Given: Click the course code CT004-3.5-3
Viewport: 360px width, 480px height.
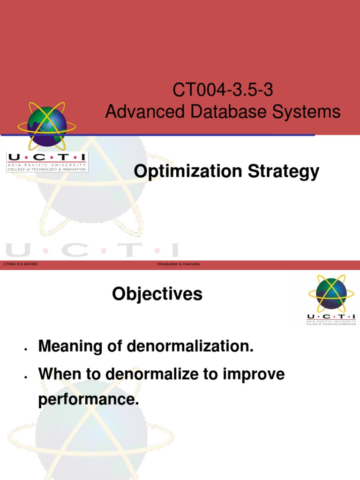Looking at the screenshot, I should [x=223, y=90].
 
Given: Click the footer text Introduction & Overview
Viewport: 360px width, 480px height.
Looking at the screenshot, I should [x=178, y=264].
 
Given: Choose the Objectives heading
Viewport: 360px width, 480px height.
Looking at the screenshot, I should [x=157, y=294].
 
